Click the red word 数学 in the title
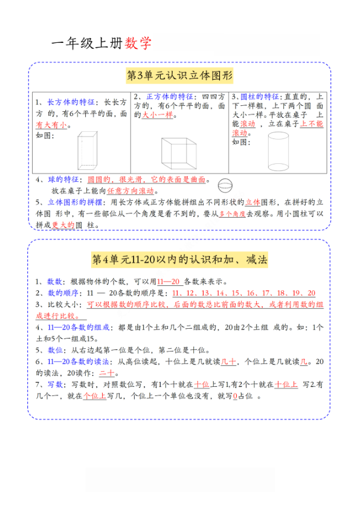(x=138, y=43)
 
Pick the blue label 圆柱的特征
(x=259, y=97)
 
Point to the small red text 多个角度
(x=231, y=214)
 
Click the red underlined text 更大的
(x=63, y=225)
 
